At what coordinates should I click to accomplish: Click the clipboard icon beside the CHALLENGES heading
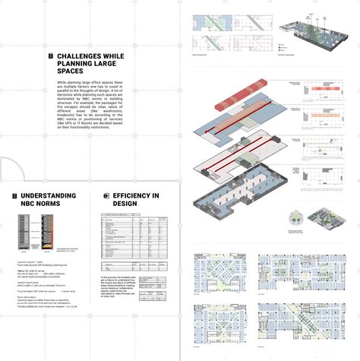click(x=50, y=56)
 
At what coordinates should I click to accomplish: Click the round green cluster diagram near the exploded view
click(x=293, y=220)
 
